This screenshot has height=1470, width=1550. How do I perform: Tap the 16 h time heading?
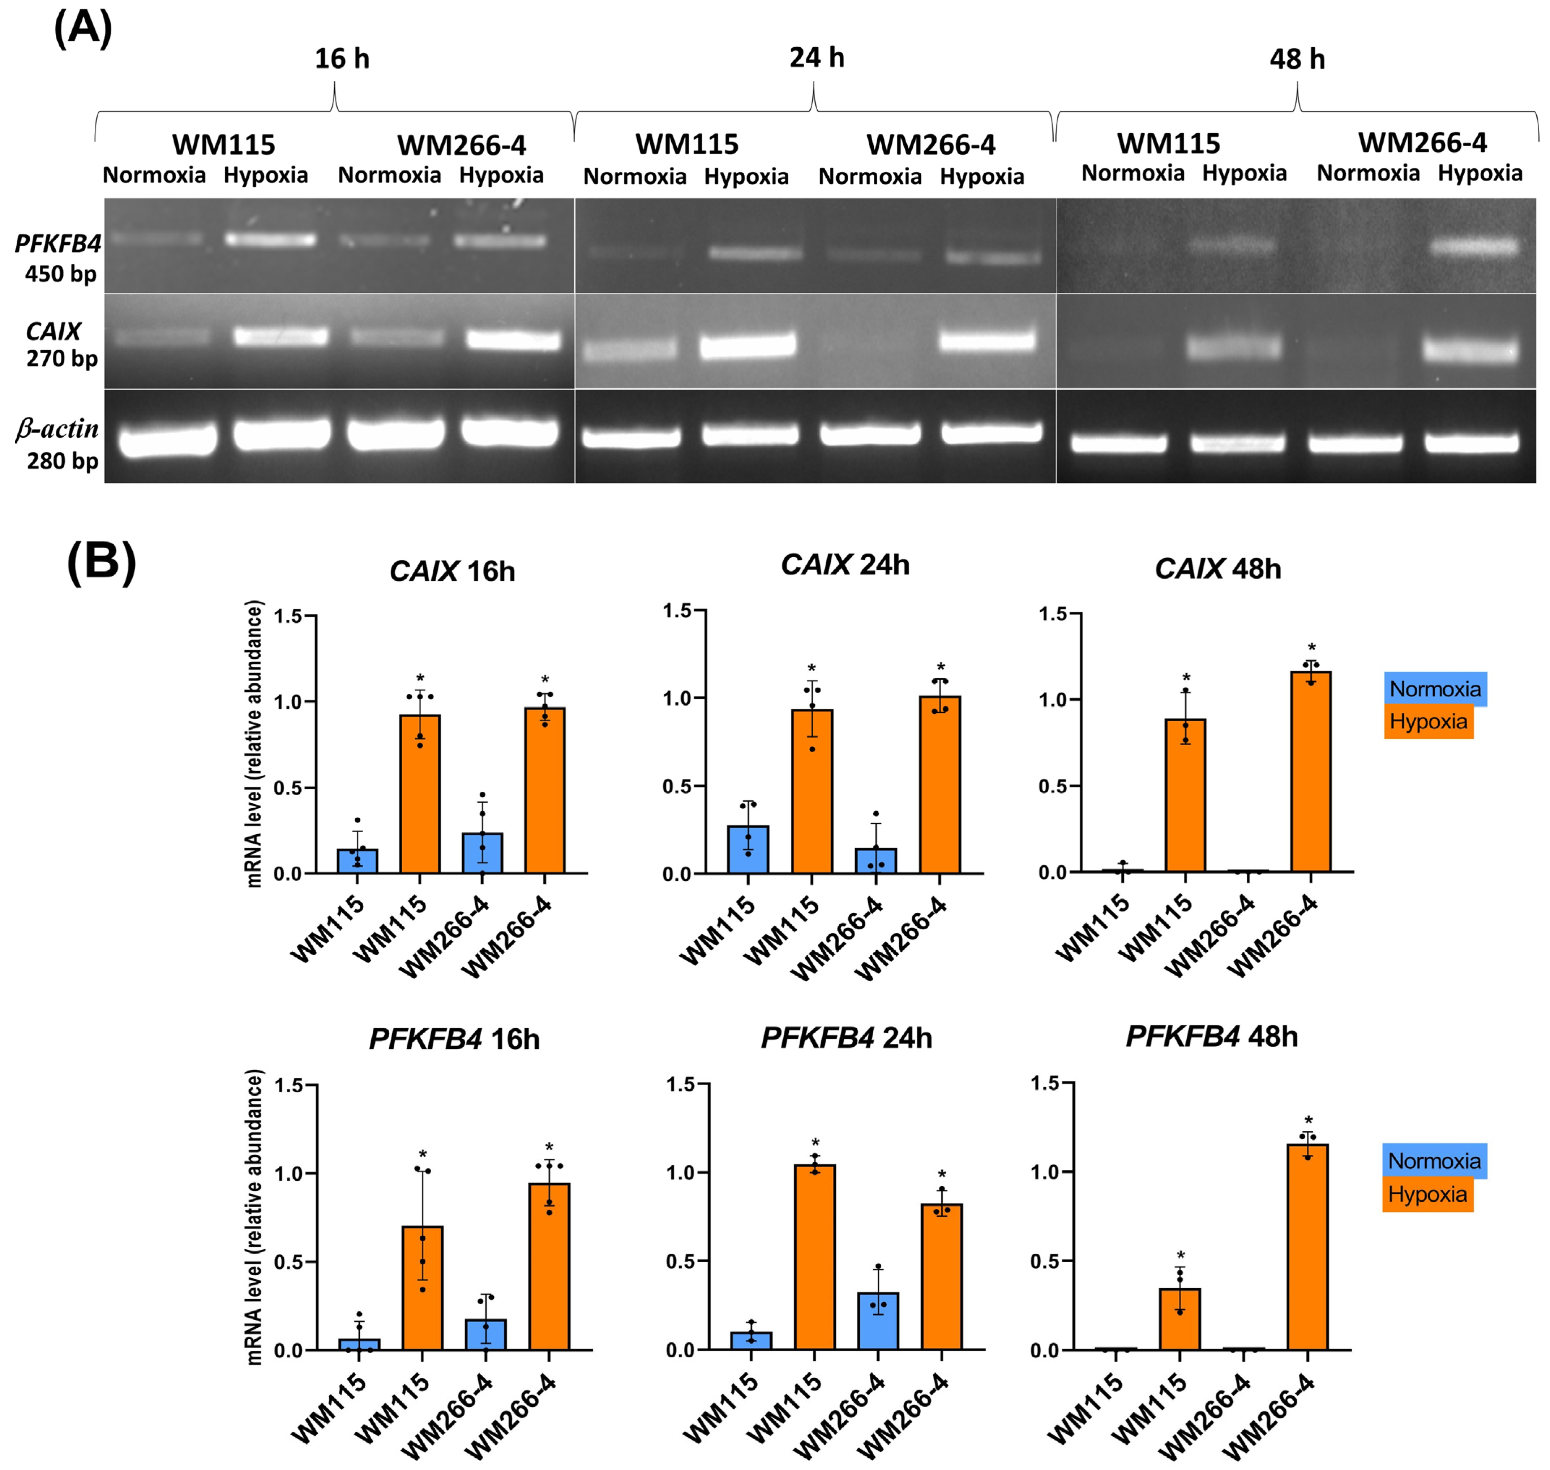point(342,59)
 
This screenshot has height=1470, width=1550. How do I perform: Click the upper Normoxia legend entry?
point(1435,689)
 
